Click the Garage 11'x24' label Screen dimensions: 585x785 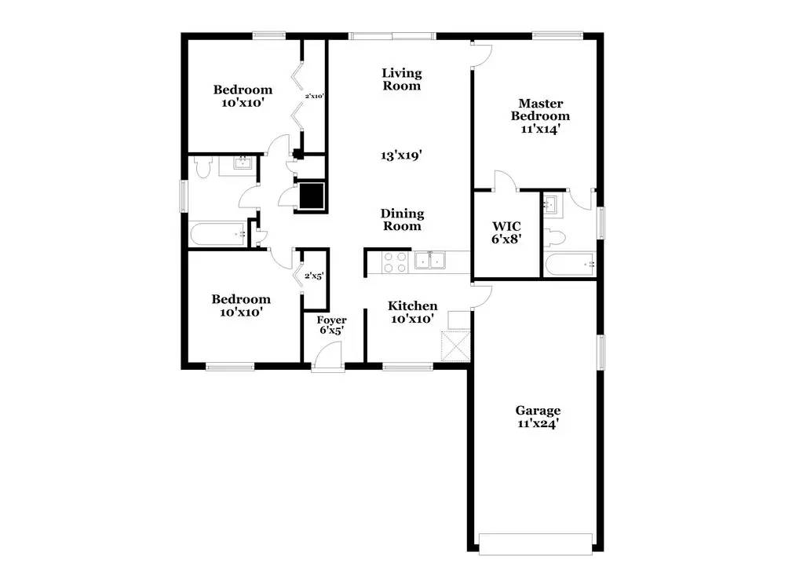coord(538,416)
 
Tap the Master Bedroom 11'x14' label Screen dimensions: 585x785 coord(540,116)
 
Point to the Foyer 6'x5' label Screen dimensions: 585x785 coord(331,325)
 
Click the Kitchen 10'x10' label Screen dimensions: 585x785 coord(413,312)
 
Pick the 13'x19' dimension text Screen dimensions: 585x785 coord(402,155)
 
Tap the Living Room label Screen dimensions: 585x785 coord(402,79)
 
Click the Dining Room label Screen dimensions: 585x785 coord(402,220)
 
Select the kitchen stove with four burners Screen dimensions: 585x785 coord(394,262)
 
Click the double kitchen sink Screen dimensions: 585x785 coord(431,261)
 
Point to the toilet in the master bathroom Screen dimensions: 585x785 coord(554,236)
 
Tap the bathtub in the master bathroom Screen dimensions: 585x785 coord(568,265)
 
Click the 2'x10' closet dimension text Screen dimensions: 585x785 coord(315,97)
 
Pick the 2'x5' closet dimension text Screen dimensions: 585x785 coord(314,276)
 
